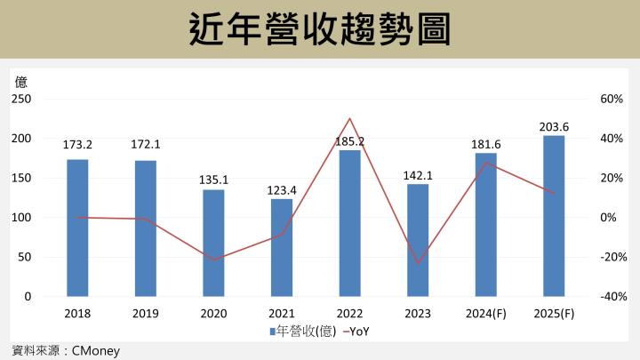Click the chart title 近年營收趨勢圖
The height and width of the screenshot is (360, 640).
click(320, 29)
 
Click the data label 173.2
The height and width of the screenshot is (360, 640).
click(77, 143)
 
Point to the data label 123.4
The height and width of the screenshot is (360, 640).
click(282, 189)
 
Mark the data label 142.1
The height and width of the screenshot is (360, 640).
click(418, 175)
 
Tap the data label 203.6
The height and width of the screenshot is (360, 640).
click(554, 127)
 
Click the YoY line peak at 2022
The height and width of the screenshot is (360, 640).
click(349, 118)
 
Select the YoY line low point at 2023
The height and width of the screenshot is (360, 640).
click(418, 263)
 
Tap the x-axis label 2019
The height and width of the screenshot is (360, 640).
click(145, 314)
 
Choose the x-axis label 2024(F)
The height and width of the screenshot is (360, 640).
click(485, 314)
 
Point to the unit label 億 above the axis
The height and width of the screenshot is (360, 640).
click(20, 82)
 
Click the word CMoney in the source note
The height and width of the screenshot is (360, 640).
click(94, 351)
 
